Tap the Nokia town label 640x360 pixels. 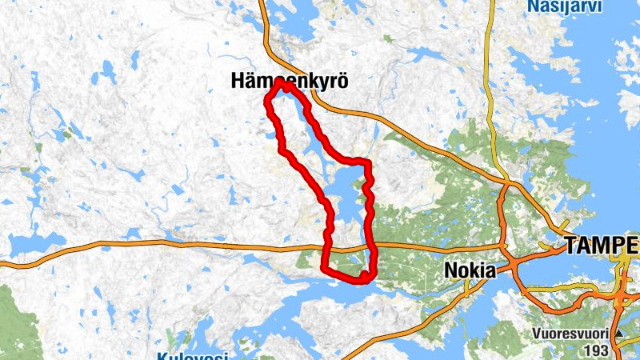point(469,271)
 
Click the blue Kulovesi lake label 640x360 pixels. point(191,356)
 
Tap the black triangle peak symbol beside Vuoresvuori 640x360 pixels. point(618,334)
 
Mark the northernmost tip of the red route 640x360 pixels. point(280,82)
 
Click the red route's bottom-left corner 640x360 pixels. point(324,267)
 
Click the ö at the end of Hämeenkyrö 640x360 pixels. point(343,81)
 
